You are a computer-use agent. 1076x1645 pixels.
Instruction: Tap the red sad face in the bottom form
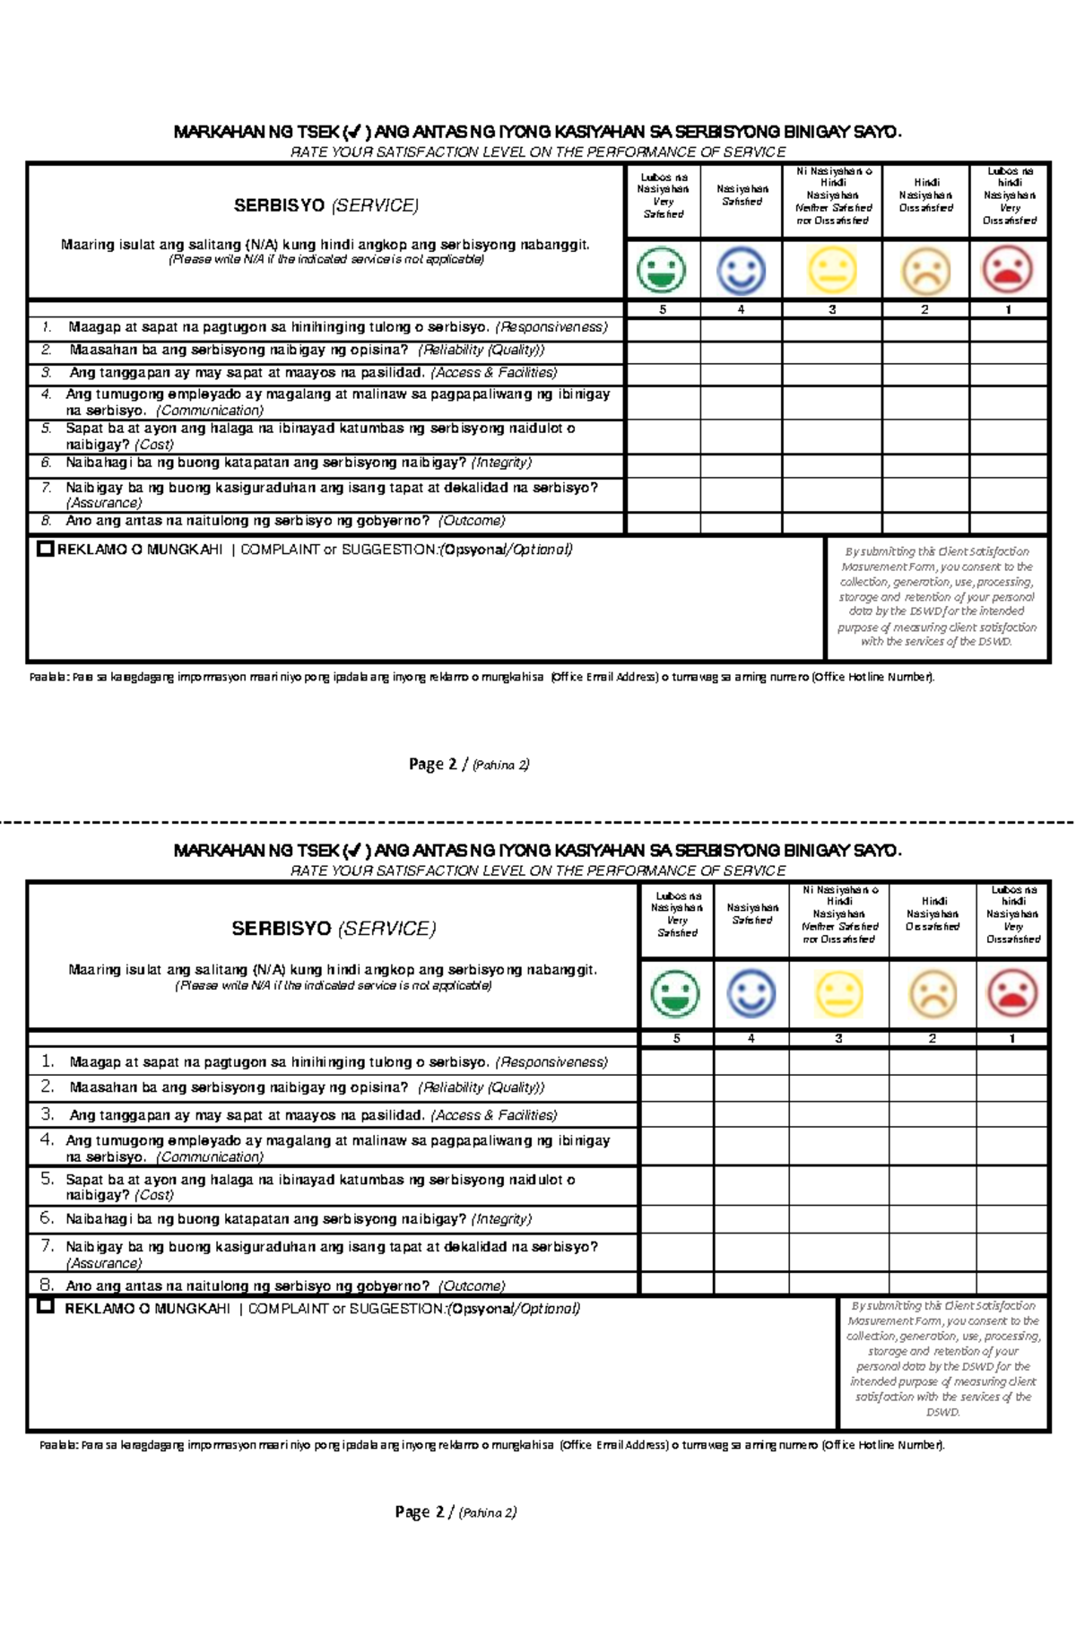[x=1012, y=993]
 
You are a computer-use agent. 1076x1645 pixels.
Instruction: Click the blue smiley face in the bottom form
[x=751, y=993]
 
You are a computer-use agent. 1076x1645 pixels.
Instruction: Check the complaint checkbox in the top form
[x=46, y=549]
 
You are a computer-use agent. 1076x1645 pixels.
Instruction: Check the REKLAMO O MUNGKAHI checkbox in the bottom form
[x=46, y=1306]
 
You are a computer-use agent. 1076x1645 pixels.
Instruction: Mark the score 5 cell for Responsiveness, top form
[x=663, y=329]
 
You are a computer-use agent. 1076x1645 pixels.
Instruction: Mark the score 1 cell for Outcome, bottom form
[x=1012, y=1284]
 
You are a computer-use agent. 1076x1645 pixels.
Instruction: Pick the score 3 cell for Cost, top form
[x=832, y=437]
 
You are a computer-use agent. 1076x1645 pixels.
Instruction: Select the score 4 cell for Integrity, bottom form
[x=751, y=1219]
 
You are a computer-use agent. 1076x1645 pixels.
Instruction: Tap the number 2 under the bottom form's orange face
[x=933, y=1038]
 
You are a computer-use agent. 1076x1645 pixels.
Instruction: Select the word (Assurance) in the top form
[x=104, y=503]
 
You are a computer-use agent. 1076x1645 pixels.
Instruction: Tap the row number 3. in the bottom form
[x=48, y=1114]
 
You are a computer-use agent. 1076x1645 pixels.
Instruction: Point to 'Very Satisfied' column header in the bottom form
[x=677, y=914]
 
